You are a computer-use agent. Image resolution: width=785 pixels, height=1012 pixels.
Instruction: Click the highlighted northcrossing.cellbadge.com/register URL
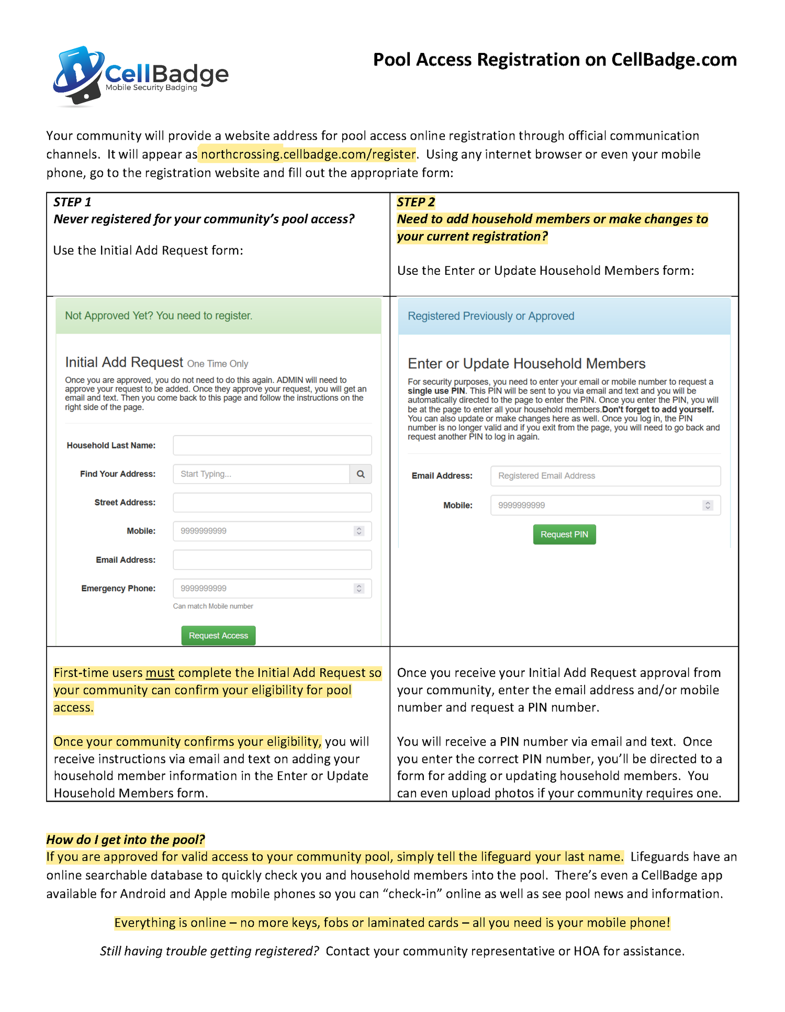308,154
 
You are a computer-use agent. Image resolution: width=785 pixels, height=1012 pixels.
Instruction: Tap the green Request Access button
218,636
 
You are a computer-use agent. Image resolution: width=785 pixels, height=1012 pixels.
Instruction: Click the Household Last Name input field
272,446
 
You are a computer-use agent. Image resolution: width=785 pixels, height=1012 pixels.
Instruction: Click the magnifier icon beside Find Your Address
361,474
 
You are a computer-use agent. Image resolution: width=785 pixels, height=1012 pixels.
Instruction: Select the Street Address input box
272,503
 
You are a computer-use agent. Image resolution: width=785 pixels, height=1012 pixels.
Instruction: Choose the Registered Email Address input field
605,476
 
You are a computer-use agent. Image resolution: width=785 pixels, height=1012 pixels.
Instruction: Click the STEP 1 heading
72,202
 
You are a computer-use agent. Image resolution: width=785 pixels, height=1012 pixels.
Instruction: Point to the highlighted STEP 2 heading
416,202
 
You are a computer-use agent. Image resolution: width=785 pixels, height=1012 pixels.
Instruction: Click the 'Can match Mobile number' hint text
213,606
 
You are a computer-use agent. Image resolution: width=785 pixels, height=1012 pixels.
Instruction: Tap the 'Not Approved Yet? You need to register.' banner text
159,316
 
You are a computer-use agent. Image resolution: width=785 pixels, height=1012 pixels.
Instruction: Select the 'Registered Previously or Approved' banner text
491,316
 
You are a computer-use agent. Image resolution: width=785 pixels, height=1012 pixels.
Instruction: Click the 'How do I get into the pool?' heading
126,840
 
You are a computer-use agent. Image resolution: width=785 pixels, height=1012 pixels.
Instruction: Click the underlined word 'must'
160,673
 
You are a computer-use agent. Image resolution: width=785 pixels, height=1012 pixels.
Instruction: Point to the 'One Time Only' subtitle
218,364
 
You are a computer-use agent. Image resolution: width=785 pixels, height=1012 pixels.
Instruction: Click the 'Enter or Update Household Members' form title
526,364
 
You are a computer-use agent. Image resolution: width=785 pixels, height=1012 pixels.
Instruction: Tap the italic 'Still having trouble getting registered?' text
209,951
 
